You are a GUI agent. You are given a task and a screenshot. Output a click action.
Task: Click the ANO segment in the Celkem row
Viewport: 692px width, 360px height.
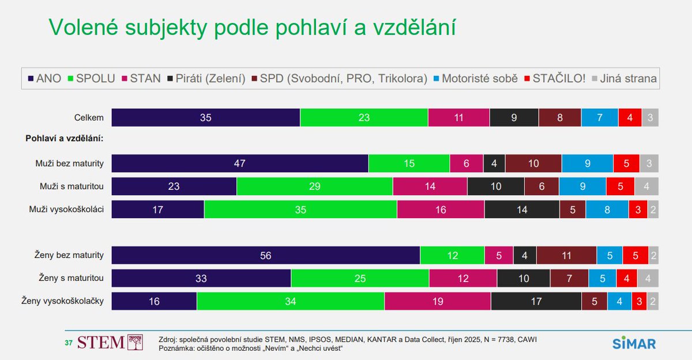pos(206,118)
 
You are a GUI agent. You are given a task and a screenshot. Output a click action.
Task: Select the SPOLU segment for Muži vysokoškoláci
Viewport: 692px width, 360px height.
pos(300,209)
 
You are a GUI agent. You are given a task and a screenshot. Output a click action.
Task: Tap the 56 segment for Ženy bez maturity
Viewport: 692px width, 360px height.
pos(265,256)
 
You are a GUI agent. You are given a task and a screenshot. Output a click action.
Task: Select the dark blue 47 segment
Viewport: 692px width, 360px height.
pos(240,163)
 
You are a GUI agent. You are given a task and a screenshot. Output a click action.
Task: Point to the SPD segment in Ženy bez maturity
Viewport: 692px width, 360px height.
pos(566,256)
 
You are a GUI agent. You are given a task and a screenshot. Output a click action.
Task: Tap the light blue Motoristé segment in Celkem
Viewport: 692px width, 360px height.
pos(600,118)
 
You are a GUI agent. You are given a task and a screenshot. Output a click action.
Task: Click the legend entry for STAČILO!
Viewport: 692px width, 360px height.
pos(556,78)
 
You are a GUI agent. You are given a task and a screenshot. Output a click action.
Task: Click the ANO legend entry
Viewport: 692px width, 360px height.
pos(44,78)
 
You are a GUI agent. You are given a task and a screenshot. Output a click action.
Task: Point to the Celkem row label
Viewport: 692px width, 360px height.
pos(89,118)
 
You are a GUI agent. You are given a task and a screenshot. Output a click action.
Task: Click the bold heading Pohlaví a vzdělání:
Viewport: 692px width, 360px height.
pos(68,138)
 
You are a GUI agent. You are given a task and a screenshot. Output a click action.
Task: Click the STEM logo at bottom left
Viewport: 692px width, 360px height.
pos(109,342)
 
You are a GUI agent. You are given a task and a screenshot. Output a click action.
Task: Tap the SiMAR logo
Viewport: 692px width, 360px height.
pos(634,343)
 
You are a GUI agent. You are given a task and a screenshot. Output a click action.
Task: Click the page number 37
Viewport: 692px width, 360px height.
pos(68,343)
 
